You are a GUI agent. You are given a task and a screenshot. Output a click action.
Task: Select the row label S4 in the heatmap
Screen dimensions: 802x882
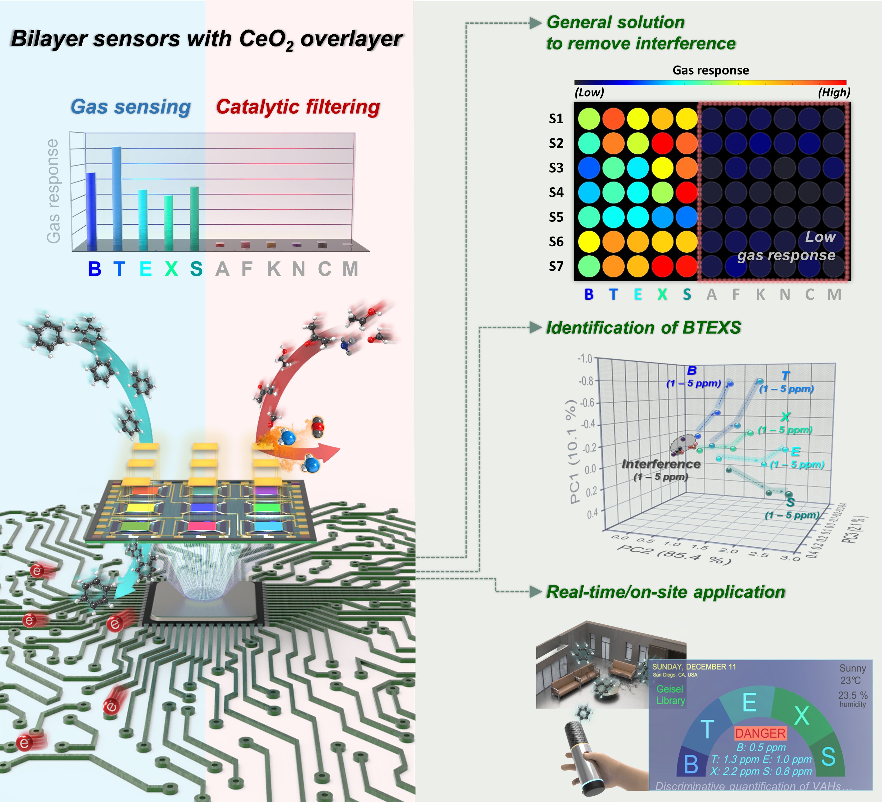coord(556,193)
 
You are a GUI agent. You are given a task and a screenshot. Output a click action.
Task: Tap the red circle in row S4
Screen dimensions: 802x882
coord(687,192)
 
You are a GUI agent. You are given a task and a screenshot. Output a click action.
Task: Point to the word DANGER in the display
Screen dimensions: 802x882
coord(760,733)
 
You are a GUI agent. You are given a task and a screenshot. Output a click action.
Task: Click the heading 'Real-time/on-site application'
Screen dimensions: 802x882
coord(666,592)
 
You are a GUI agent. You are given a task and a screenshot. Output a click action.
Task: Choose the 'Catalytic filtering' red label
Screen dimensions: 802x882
coord(298,107)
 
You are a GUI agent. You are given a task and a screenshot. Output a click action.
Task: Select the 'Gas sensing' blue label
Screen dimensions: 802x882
coord(131,107)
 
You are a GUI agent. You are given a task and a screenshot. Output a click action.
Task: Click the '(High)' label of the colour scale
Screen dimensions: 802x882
coord(834,92)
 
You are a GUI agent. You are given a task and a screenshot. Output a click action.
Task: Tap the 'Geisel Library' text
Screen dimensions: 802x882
coord(670,695)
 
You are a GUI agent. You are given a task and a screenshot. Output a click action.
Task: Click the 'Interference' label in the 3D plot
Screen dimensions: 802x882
coord(661,464)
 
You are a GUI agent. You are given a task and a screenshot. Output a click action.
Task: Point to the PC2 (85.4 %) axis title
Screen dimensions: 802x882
coord(674,554)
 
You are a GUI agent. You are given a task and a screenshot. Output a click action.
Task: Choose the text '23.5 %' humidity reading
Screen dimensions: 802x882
coord(852,695)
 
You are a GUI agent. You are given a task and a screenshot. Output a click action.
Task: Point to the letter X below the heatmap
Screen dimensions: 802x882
coord(662,295)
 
